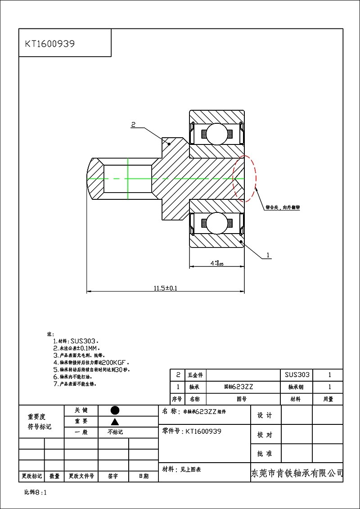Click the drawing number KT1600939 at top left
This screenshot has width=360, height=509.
(49, 44)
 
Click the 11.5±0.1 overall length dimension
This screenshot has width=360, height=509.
(165, 288)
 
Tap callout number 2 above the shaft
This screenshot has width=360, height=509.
(134, 124)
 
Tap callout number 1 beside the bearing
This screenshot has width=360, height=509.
(268, 255)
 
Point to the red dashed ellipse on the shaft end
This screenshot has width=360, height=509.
(244, 178)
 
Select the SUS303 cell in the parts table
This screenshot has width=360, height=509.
(297, 374)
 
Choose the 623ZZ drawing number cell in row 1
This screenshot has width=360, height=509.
(242, 387)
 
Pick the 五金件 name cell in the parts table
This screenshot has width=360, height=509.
(195, 374)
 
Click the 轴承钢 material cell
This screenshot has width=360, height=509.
(296, 387)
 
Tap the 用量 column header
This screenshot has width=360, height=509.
(328, 399)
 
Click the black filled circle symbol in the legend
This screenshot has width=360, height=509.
(115, 410)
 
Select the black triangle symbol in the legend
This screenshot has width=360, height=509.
(115, 421)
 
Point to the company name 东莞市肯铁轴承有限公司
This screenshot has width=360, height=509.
(297, 473)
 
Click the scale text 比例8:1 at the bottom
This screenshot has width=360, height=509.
(36, 492)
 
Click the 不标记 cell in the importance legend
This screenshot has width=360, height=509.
(115, 432)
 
